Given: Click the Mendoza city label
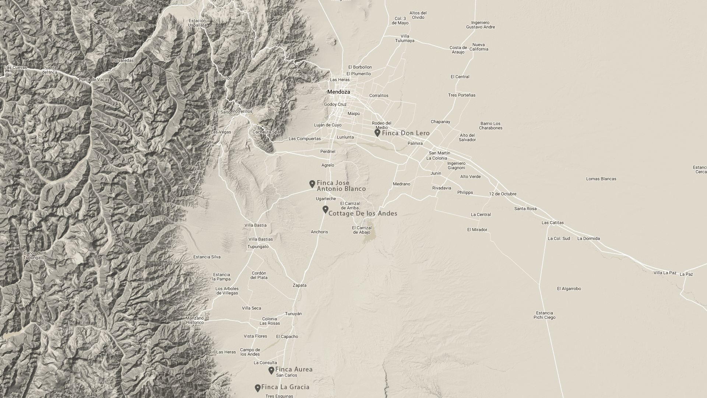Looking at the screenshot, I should click(339, 92).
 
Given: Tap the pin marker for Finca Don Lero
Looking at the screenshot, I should click(377, 133).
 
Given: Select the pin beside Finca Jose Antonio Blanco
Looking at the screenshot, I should click(312, 184).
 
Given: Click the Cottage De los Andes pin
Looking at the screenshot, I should click(325, 209).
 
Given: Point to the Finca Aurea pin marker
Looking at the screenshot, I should click(271, 370).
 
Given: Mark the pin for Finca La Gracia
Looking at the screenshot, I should click(258, 388).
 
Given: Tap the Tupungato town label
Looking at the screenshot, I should click(258, 247).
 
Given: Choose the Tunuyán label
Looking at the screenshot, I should click(293, 314).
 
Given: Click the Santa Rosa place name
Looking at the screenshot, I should click(525, 209).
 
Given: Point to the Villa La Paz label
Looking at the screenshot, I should click(665, 273).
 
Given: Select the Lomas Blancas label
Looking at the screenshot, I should click(601, 179).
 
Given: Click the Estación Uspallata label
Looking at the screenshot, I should click(197, 23).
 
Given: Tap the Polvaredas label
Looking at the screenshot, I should click(123, 60).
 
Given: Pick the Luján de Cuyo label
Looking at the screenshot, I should click(327, 125).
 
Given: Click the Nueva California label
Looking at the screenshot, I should click(479, 47).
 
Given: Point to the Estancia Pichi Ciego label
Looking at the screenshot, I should click(544, 315).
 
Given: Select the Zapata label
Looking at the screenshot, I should click(299, 285).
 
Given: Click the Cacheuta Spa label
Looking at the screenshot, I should click(266, 132).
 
